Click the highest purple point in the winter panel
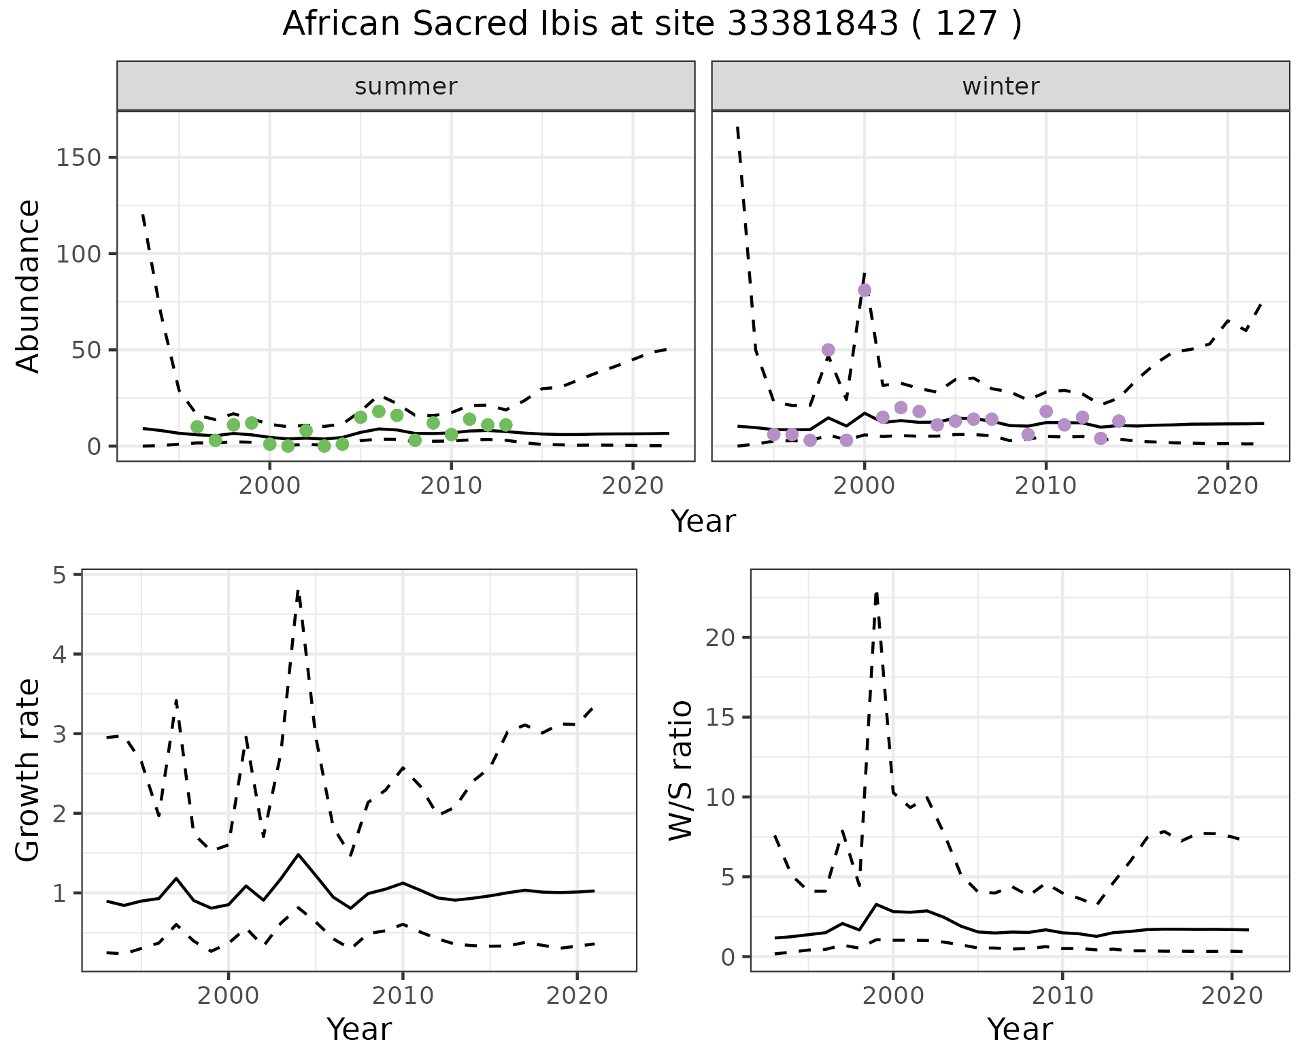click(865, 290)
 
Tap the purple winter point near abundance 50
click(828, 350)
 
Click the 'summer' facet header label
click(406, 86)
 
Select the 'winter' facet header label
click(1001, 86)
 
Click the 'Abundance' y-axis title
click(29, 286)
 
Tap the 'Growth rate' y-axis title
click(29, 771)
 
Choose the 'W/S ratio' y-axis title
click(681, 771)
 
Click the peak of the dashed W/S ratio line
click(877, 593)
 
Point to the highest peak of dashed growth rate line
click(298, 590)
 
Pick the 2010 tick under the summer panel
click(451, 486)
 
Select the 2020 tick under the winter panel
click(1227, 486)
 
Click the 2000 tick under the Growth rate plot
click(228, 996)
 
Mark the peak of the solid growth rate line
click(298, 854)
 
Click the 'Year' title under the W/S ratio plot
click(1020, 1030)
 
